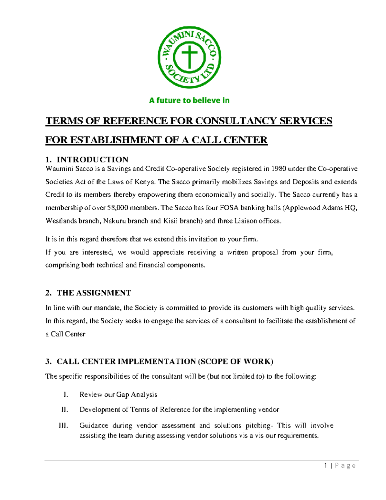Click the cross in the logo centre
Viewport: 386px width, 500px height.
pos(189,57)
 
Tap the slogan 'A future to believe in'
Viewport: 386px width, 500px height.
pos(189,100)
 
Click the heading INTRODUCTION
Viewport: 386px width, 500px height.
pos(92,160)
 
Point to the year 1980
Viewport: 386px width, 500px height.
pos(279,169)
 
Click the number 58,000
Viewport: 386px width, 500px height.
pos(117,208)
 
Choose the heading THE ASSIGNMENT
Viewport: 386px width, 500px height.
pos(94,293)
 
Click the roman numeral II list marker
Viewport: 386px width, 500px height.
pos(65,410)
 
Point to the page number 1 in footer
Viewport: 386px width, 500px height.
pos(326,466)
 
